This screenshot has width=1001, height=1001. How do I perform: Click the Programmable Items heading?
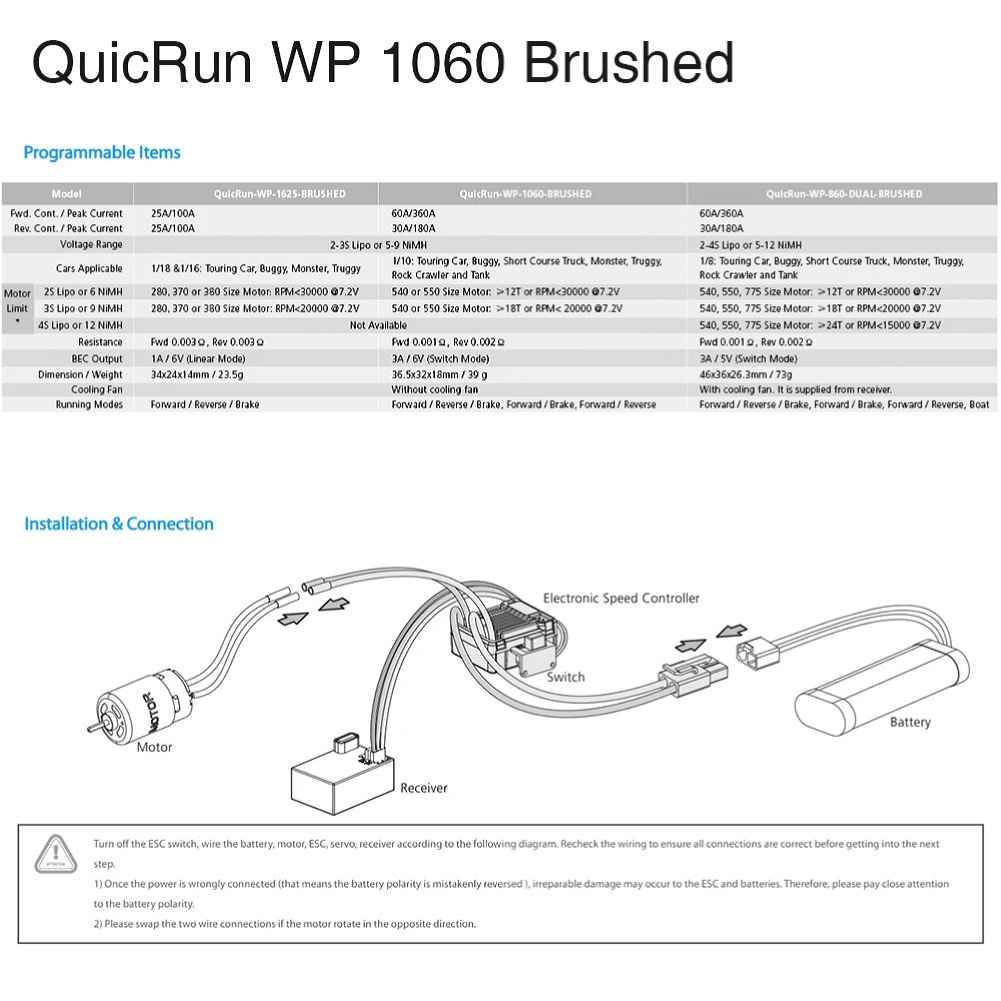tap(102, 153)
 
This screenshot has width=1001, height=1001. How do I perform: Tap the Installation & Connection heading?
tap(119, 523)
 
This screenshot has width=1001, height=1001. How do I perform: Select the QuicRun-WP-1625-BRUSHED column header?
tap(280, 193)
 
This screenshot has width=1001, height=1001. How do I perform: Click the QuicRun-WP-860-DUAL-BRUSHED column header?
tap(844, 193)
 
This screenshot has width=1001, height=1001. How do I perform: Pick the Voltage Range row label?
tap(91, 245)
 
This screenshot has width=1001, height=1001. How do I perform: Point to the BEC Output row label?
tap(97, 359)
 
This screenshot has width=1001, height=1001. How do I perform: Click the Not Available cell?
tap(378, 325)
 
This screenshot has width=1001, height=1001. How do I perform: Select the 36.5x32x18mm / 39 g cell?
tap(439, 375)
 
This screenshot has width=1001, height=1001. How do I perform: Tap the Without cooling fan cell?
tap(435, 389)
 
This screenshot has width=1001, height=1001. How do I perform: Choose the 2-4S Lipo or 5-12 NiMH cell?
tap(750, 245)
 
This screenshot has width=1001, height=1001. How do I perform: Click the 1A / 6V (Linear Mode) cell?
tap(198, 359)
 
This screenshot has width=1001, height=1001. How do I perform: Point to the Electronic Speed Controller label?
tap(621, 598)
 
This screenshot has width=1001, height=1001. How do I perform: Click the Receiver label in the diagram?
tap(424, 788)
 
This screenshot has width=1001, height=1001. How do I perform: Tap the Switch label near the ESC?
tap(566, 677)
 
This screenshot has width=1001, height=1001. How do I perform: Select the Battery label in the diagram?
tap(910, 722)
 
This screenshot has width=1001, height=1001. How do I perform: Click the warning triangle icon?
tap(56, 854)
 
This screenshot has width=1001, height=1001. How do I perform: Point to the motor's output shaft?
tap(94, 726)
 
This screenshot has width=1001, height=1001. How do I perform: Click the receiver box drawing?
tap(342, 779)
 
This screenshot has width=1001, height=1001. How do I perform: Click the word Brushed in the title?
tap(628, 63)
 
